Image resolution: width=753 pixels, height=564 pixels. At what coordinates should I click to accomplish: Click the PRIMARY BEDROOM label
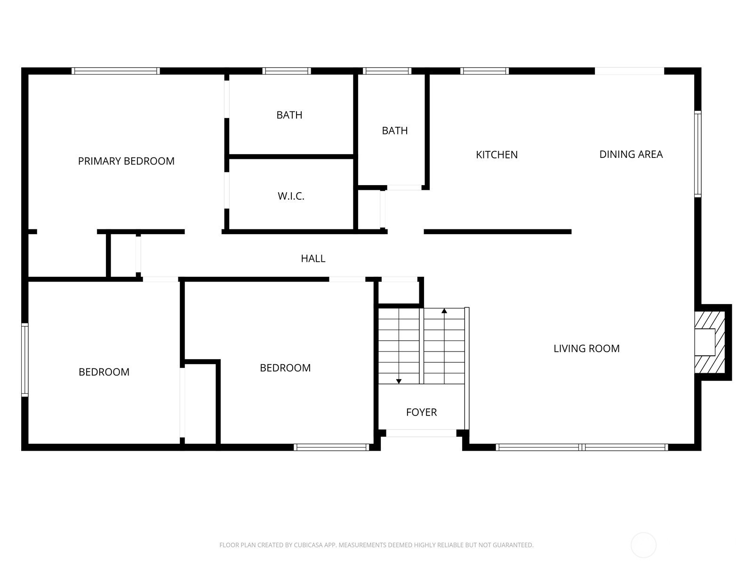(126, 161)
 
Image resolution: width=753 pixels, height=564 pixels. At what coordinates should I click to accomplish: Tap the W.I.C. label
(291, 196)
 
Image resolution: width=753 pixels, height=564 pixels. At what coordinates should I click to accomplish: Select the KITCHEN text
(497, 155)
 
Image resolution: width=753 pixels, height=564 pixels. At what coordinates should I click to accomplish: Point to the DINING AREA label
(631, 155)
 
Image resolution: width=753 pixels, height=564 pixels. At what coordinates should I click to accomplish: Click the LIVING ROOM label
(586, 349)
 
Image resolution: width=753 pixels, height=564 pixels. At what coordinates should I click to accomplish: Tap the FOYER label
(421, 412)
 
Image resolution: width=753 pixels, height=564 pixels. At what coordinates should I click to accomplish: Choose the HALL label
(313, 258)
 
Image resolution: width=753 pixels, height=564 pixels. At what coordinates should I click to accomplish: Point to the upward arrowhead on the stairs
(444, 311)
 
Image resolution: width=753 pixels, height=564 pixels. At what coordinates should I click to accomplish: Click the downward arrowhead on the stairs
(399, 381)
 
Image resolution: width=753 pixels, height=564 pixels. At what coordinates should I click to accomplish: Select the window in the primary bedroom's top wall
(116, 71)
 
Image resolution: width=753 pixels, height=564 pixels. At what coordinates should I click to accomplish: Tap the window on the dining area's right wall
(698, 154)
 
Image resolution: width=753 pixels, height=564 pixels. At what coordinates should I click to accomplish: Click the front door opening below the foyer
(421, 433)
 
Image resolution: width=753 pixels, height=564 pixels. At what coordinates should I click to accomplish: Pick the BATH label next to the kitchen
(395, 131)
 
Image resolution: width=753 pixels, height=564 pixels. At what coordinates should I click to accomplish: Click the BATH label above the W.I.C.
(289, 115)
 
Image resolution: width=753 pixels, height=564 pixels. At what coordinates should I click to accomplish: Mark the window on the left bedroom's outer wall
(24, 360)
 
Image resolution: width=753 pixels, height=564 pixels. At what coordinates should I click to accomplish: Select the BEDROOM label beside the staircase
(285, 368)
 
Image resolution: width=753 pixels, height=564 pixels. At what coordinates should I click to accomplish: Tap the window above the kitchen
(484, 71)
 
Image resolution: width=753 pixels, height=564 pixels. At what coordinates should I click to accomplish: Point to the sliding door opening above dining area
(630, 71)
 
